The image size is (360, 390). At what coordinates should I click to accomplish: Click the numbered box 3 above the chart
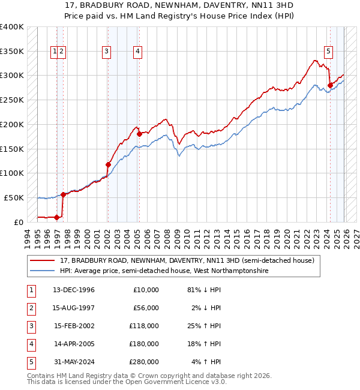tap(106, 52)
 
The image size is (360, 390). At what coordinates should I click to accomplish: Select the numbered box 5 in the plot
tap(329, 52)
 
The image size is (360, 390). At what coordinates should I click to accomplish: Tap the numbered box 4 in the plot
tap(137, 52)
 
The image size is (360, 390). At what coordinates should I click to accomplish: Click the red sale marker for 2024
tap(331, 85)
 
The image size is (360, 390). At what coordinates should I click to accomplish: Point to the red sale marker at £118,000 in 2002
tap(109, 164)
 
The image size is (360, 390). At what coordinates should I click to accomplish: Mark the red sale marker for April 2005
tap(139, 134)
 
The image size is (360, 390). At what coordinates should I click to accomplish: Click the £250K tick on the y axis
tap(12, 100)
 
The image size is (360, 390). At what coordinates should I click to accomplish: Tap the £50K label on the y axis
tap(14, 197)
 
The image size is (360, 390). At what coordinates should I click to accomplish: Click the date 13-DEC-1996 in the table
tap(74, 290)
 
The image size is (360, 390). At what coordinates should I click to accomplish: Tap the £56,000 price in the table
tap(146, 308)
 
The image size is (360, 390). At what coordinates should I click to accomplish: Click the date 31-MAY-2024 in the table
tap(74, 362)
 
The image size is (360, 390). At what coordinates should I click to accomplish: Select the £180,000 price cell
tap(144, 344)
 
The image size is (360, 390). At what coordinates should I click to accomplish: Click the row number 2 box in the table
tap(29, 308)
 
